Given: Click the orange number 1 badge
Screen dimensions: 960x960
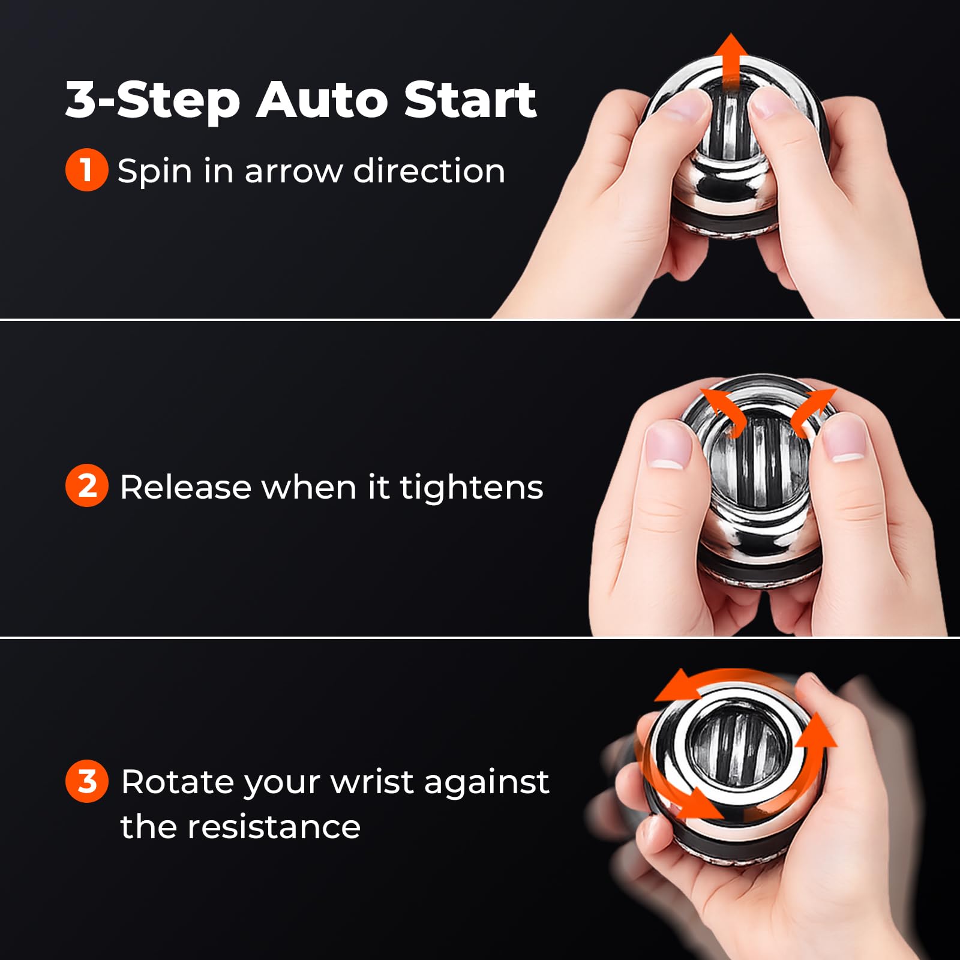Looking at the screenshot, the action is [86, 170].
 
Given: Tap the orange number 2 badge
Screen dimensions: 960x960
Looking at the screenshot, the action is [86, 485].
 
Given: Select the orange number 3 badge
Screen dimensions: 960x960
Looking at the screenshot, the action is [86, 781].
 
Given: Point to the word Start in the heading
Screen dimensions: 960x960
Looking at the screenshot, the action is [470, 100].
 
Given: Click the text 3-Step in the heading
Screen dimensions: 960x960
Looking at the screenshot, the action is [153, 102].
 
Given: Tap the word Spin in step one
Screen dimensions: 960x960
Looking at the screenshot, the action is [155, 172].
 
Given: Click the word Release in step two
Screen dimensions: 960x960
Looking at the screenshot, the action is [186, 487].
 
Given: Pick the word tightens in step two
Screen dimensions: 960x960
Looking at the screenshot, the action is [472, 488].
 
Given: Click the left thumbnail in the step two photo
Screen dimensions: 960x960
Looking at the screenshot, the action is [669, 444].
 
